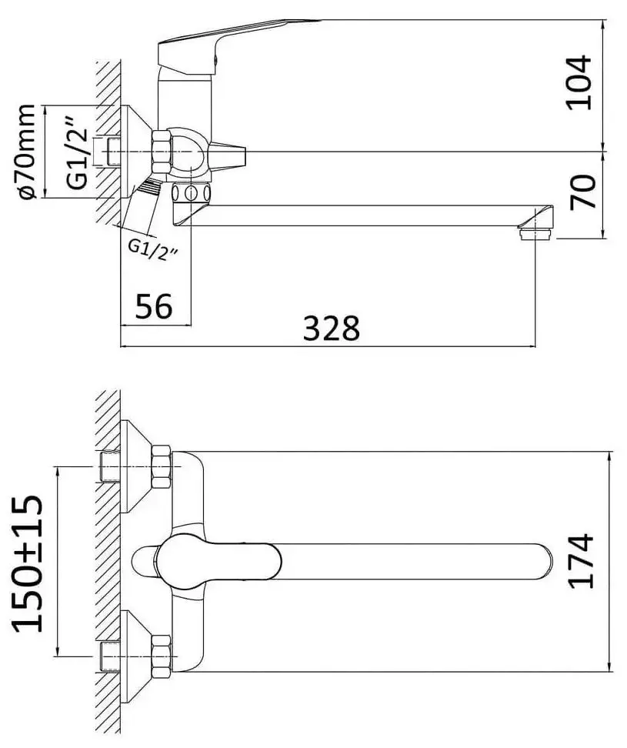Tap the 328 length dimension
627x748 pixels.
point(331,328)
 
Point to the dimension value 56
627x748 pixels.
point(154,307)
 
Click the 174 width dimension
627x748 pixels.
point(581,560)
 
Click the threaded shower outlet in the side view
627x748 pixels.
point(148,189)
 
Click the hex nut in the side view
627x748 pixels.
point(162,152)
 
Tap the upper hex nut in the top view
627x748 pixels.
point(162,466)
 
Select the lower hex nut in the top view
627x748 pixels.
point(162,656)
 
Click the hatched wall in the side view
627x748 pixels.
point(108,139)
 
